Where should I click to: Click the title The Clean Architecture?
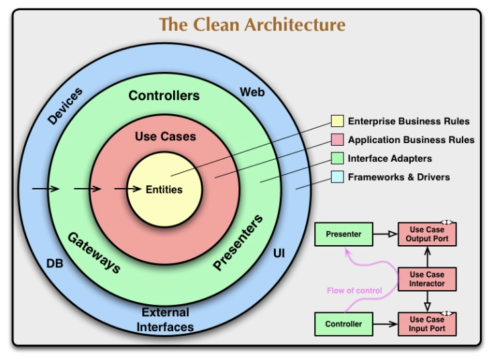tap(252, 25)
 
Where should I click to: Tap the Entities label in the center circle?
tap(164, 189)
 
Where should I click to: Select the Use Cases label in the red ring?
tap(165, 136)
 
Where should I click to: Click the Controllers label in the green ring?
tap(164, 95)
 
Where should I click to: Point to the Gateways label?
tap(94, 252)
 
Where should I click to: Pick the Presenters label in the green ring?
tap(238, 243)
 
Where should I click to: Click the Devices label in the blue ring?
tap(65, 106)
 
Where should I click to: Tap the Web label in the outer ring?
tap(252, 91)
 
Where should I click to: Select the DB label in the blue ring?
tap(55, 264)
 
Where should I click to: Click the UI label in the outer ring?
tap(279, 253)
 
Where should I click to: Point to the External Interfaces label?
tap(165, 320)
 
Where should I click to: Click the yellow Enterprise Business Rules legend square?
tap(337, 122)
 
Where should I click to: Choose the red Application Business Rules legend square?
tap(337, 140)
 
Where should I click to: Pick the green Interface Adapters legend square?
tap(337, 159)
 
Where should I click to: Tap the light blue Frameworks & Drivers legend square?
tap(337, 177)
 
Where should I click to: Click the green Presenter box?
tap(344, 234)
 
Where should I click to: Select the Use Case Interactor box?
tap(427, 279)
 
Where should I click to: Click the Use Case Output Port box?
tap(427, 234)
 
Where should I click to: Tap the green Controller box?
tap(344, 324)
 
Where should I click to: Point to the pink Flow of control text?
tap(354, 291)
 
